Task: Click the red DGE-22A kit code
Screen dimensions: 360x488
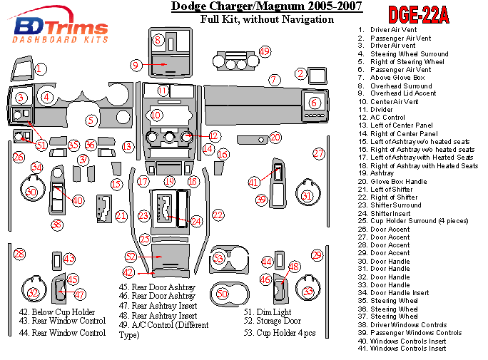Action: [x=418, y=15]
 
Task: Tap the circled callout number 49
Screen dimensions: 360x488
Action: [x=265, y=51]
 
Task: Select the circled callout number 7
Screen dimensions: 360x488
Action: [x=273, y=80]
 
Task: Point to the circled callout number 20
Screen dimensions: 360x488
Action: [x=275, y=137]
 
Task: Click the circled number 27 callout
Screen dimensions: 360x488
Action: [x=319, y=153]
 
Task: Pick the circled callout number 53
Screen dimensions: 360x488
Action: [x=218, y=258]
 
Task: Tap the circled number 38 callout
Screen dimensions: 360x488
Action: [x=57, y=225]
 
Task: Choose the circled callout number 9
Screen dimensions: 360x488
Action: [x=136, y=66]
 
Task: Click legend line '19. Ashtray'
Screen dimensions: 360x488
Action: [x=382, y=173]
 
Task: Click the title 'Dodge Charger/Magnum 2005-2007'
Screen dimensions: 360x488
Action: [x=266, y=7]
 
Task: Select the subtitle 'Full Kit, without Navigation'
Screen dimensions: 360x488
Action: [x=267, y=19]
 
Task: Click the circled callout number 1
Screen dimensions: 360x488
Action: [x=41, y=69]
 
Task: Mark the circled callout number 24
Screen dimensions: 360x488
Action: [x=196, y=222]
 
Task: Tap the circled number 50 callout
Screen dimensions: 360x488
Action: [x=222, y=293]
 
